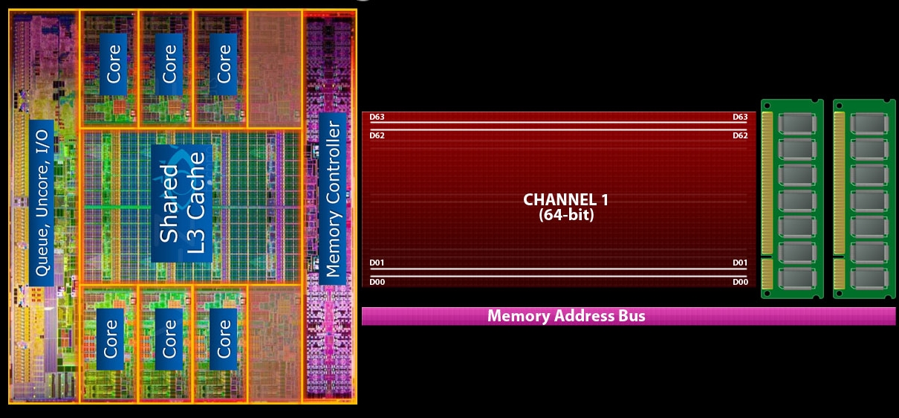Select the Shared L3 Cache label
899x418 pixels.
(x=181, y=202)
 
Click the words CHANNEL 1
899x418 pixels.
(x=561, y=199)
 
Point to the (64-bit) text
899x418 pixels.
(x=561, y=215)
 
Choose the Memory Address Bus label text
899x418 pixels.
(x=566, y=316)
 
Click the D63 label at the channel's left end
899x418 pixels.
(x=377, y=117)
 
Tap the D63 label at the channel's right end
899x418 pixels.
(x=740, y=117)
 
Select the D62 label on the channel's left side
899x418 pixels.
(x=377, y=135)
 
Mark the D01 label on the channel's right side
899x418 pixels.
(x=740, y=263)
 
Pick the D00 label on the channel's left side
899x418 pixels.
(x=377, y=282)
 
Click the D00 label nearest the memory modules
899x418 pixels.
(x=740, y=282)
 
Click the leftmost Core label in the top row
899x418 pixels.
(x=114, y=65)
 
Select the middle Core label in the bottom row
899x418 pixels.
(x=169, y=338)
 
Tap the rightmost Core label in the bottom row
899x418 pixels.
(x=224, y=338)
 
